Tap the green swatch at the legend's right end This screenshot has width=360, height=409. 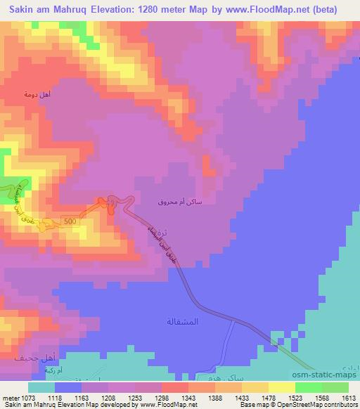pos(335,387)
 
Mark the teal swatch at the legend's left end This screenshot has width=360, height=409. pos(41,387)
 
